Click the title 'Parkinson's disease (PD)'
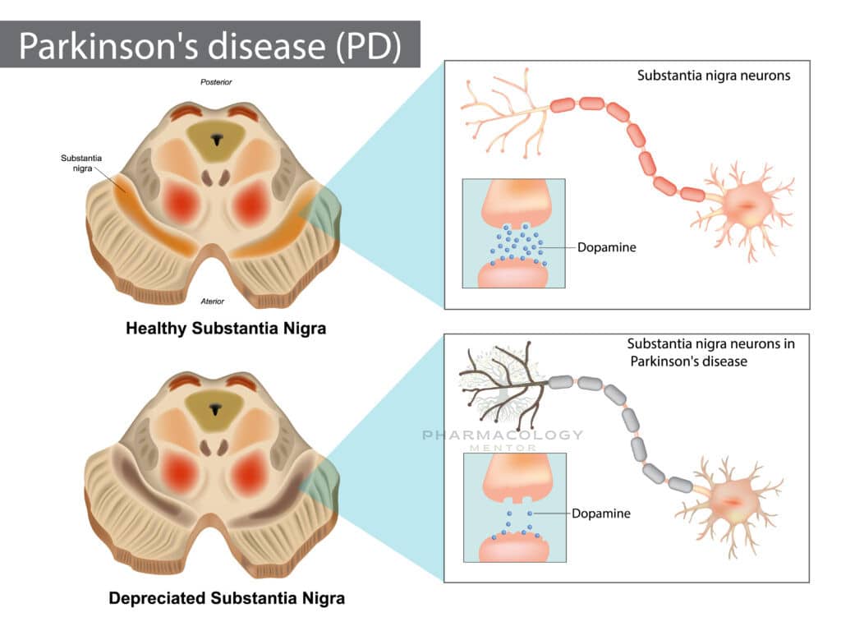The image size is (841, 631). click(209, 46)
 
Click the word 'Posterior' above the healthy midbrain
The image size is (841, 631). click(216, 82)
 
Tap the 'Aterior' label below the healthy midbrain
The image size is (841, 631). click(213, 302)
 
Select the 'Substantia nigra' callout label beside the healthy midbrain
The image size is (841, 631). click(81, 164)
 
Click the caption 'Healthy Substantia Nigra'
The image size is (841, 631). click(226, 328)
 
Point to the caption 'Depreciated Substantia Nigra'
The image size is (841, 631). click(227, 598)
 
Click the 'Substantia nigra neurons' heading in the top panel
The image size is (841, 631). click(714, 76)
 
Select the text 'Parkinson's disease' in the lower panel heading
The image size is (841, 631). click(689, 362)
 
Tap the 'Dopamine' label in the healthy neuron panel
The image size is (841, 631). click(607, 247)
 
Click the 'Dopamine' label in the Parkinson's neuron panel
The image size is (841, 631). click(600, 514)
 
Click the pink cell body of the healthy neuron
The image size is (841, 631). click(747, 205)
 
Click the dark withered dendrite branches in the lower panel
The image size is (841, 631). click(502, 383)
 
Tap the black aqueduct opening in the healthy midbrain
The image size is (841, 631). click(216, 140)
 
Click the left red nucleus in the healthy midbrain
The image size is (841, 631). click(182, 203)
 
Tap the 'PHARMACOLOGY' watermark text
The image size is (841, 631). click(503, 435)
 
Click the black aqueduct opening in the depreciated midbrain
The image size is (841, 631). click(216, 410)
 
